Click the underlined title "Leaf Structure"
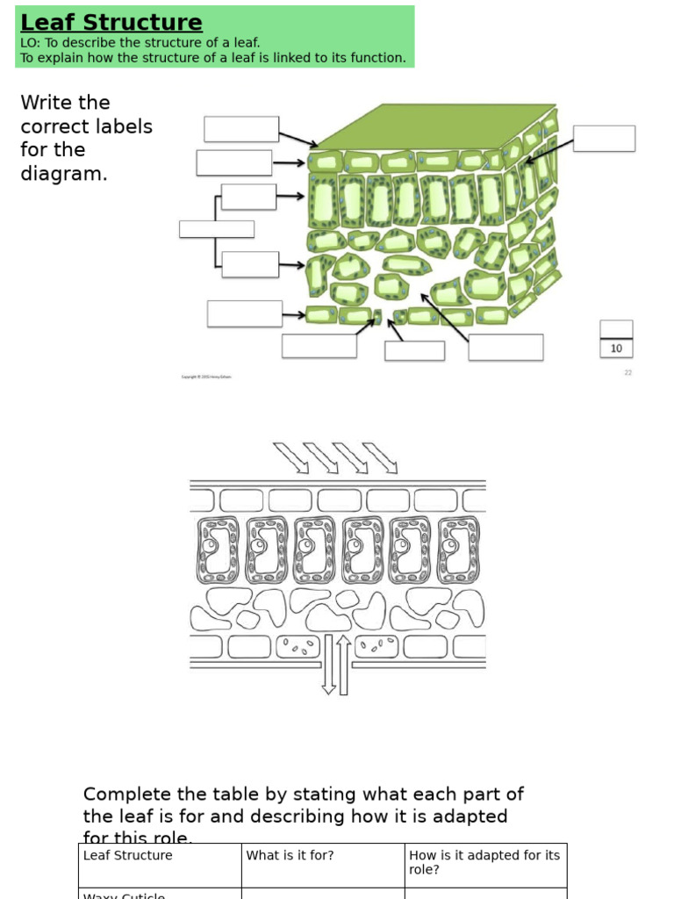111,23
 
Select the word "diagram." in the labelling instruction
63,174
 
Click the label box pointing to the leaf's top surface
241,129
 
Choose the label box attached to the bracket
216,229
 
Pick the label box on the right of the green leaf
604,138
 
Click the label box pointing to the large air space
505,347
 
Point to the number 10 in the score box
616,349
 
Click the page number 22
627,372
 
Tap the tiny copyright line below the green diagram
207,377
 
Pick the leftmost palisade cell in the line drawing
216,550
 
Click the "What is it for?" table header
290,855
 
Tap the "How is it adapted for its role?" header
484,862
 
